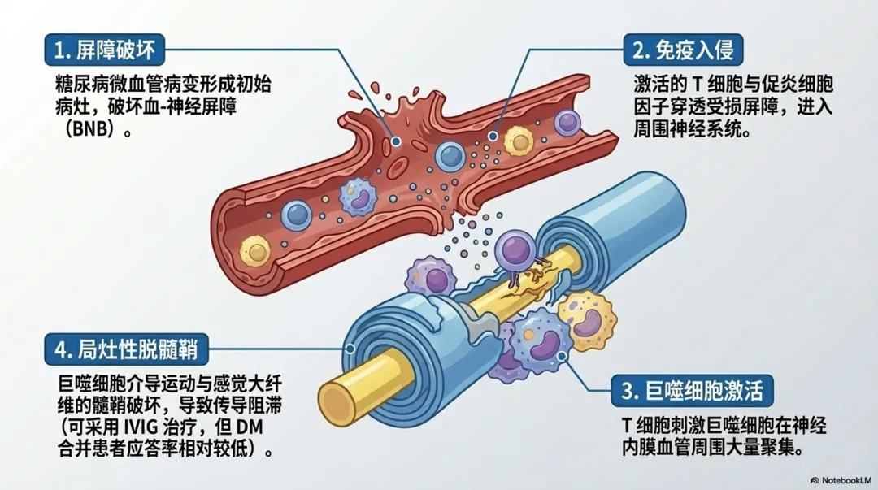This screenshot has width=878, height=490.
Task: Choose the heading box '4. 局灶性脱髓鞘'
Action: click(128, 350)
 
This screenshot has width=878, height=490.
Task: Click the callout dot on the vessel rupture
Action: click(396, 141)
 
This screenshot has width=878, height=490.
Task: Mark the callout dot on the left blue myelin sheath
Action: click(350, 350)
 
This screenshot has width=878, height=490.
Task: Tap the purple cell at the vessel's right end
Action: click(567, 124)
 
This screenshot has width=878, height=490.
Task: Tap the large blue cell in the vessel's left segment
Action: click(297, 215)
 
